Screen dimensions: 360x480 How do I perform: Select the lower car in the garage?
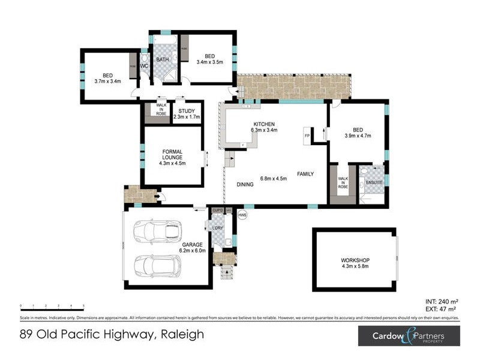tap(158, 265)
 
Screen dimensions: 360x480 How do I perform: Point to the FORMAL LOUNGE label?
tap(172, 154)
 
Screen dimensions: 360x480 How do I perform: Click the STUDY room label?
tap(186, 110)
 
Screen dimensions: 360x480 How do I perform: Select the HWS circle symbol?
tap(242, 215)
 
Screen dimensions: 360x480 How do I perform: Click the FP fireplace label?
tap(307, 136)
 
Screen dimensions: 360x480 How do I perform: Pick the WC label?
tap(144, 66)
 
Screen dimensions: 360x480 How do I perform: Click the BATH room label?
tap(163, 60)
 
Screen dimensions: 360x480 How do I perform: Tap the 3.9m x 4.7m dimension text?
tap(358, 136)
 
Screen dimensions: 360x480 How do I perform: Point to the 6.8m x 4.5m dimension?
tap(273, 178)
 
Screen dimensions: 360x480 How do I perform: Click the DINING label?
tap(244, 185)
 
